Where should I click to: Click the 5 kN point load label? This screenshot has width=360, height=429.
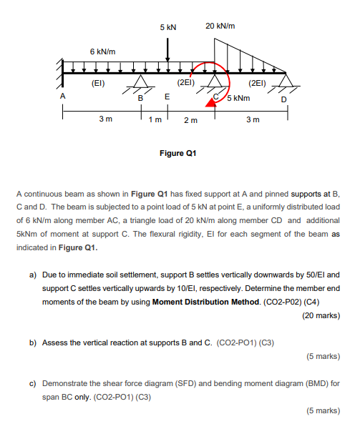click(x=168, y=26)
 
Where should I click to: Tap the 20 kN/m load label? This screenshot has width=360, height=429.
click(x=220, y=26)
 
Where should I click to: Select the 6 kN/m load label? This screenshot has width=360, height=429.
click(x=102, y=52)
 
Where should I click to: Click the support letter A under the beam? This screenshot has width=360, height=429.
click(x=63, y=95)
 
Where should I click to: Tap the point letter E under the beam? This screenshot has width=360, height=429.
click(x=167, y=96)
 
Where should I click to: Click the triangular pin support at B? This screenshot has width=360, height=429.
click(x=140, y=81)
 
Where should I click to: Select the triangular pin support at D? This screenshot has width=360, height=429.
click(x=288, y=79)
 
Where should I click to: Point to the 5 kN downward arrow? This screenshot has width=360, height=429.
click(x=168, y=50)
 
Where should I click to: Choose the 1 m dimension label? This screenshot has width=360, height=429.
click(x=152, y=119)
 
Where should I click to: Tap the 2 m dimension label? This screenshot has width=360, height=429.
click(x=191, y=119)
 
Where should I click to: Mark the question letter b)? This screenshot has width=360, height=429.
click(x=33, y=342)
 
